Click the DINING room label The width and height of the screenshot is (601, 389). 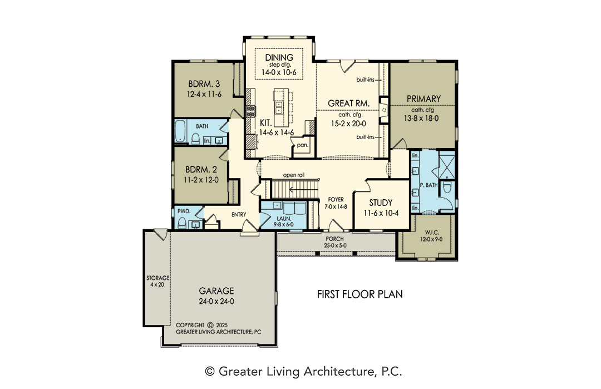pyautogui.click(x=279, y=57)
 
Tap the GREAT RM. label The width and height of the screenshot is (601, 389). pyautogui.click(x=348, y=103)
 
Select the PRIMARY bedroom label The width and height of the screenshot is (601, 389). pyautogui.click(x=423, y=99)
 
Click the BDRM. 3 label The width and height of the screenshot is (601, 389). pyautogui.click(x=204, y=83)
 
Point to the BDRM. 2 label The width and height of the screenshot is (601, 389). pyautogui.click(x=201, y=169)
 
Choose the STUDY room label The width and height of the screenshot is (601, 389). pyautogui.click(x=381, y=203)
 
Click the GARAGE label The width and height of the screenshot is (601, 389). pyautogui.click(x=216, y=291)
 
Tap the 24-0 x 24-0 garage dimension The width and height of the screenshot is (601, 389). pyautogui.click(x=216, y=301)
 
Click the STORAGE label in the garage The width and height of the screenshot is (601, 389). pyautogui.click(x=157, y=278)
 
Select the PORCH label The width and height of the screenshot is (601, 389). pyautogui.click(x=334, y=239)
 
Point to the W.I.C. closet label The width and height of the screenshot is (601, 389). pyautogui.click(x=432, y=233)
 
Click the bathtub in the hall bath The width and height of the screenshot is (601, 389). pyautogui.click(x=180, y=132)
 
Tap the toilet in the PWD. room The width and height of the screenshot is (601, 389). pyautogui.click(x=183, y=223)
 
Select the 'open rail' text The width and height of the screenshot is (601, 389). pyautogui.click(x=294, y=175)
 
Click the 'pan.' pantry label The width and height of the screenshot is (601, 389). pyautogui.click(x=302, y=145)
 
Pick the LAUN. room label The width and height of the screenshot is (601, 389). pyautogui.click(x=284, y=219)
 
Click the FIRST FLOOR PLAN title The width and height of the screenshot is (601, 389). pyautogui.click(x=360, y=294)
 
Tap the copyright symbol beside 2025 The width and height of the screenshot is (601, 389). pyautogui.click(x=210, y=325)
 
